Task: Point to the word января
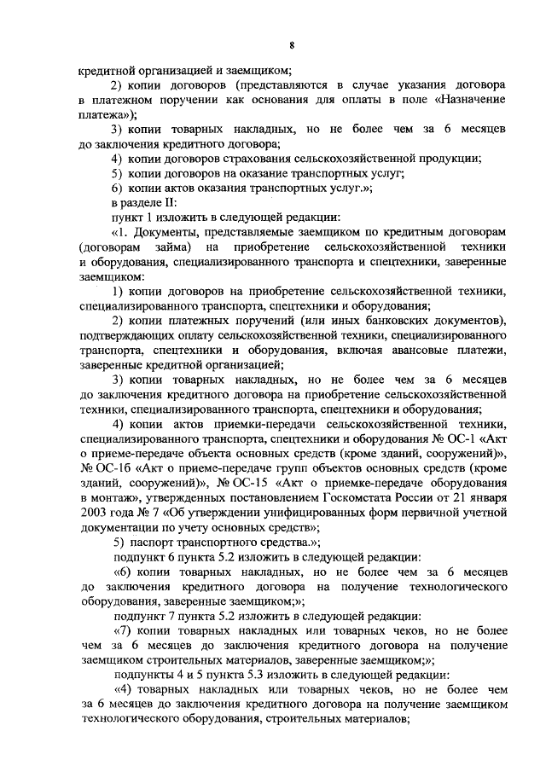[485, 497]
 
